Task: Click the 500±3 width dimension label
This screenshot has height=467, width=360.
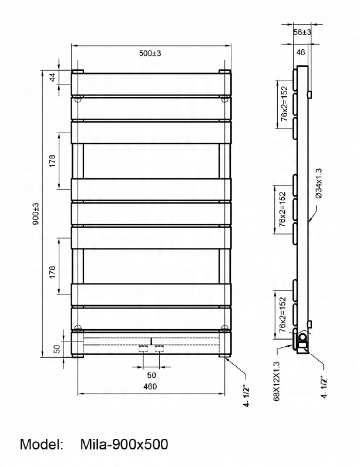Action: pyautogui.click(x=150, y=53)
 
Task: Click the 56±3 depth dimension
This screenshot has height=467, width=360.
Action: pyautogui.click(x=302, y=32)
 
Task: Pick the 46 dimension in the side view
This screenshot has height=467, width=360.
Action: pyautogui.click(x=301, y=52)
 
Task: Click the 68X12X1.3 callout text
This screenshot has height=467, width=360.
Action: pyautogui.click(x=277, y=380)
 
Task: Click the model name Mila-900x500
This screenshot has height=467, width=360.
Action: pyautogui.click(x=124, y=444)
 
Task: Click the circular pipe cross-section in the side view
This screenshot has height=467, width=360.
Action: pyautogui.click(x=302, y=337)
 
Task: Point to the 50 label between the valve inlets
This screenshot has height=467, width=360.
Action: pyautogui.click(x=151, y=374)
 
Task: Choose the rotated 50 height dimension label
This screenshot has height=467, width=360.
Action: pyautogui.click(x=58, y=348)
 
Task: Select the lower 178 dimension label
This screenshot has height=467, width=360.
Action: pyautogui.click(x=53, y=272)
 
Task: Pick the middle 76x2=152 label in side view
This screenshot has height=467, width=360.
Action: pyautogui.click(x=283, y=210)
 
